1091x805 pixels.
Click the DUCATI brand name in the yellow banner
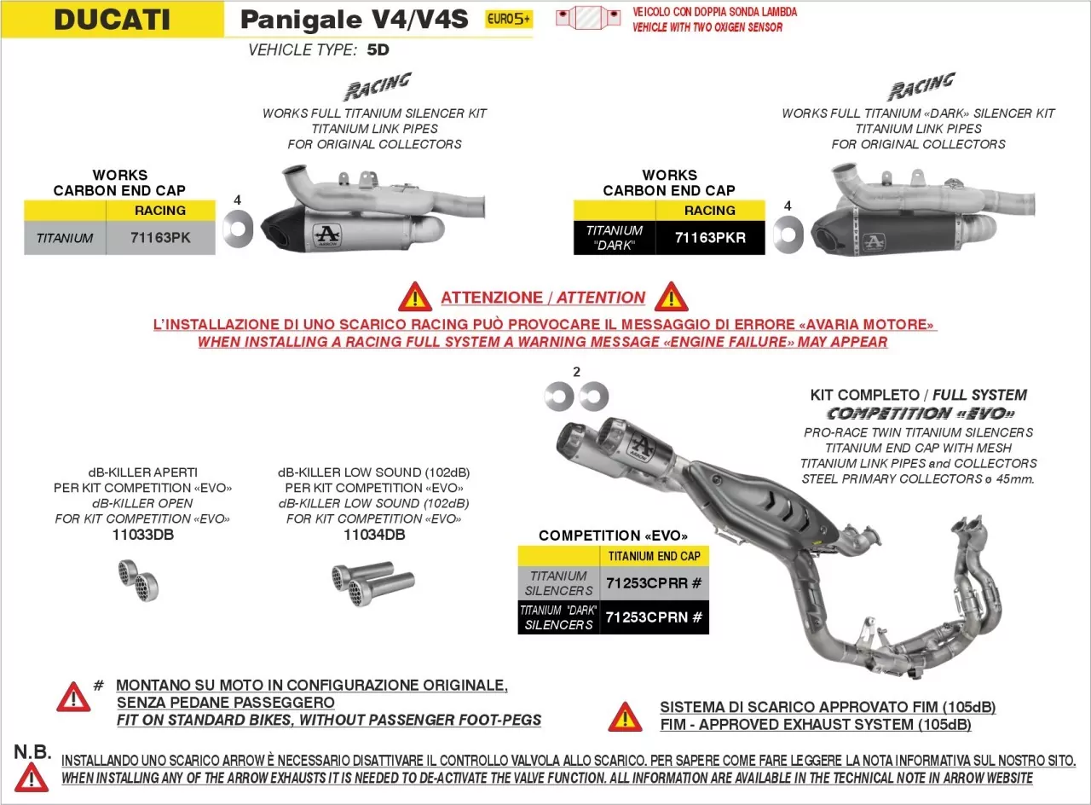pyautogui.click(x=112, y=20)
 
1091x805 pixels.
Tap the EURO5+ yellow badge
pyautogui.click(x=509, y=19)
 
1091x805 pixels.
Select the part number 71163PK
pyautogui.click(x=160, y=238)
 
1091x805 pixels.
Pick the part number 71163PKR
pyautogui.click(x=710, y=238)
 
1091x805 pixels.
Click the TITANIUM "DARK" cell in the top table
pyautogui.click(x=615, y=238)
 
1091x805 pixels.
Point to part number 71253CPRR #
pyautogui.click(x=654, y=583)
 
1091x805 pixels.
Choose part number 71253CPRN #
pyautogui.click(x=654, y=617)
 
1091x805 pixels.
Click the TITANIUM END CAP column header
pyautogui.click(x=654, y=556)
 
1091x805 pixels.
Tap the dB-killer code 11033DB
pyautogui.click(x=142, y=535)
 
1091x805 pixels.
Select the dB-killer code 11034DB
pyautogui.click(x=374, y=535)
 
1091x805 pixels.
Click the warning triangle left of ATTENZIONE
pyautogui.click(x=415, y=297)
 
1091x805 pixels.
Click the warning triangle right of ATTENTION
pyautogui.click(x=671, y=297)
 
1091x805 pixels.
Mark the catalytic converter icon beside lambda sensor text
pyautogui.click(x=588, y=18)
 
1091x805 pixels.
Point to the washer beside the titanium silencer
pyautogui.click(x=238, y=229)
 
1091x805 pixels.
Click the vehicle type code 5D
pyautogui.click(x=378, y=50)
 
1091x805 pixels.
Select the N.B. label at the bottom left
pyautogui.click(x=32, y=752)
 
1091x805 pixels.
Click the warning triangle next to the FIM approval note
pyautogui.click(x=626, y=716)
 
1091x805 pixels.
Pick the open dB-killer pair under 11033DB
pyautogui.click(x=138, y=581)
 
